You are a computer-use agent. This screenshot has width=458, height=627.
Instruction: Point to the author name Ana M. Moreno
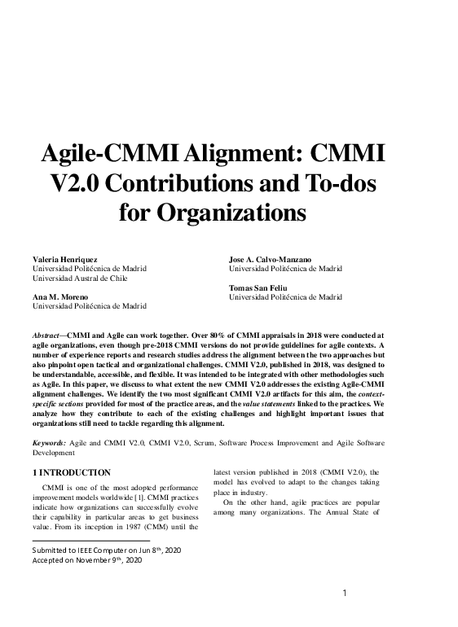[x=59, y=297]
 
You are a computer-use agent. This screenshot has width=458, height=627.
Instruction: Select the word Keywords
[x=49, y=441]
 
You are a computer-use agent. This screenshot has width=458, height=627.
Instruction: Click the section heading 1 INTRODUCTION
[x=71, y=472]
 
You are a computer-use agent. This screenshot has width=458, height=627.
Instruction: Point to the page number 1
[x=344, y=592]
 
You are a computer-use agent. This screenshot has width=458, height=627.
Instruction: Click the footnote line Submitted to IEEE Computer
[x=107, y=550]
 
